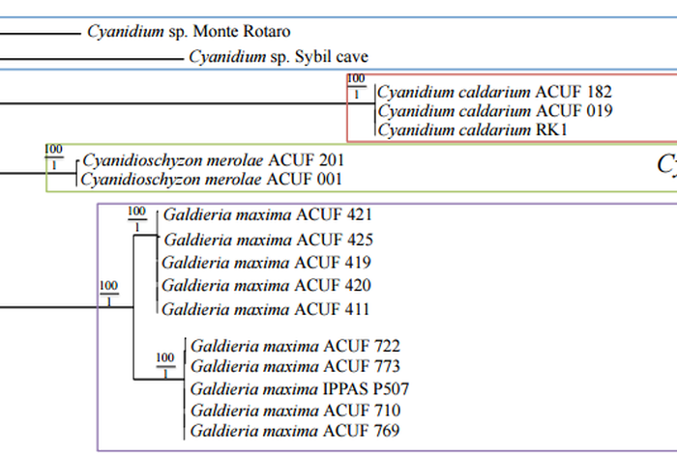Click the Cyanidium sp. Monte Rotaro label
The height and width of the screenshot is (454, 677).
tap(189, 33)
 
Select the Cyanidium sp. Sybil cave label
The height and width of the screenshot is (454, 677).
tap(279, 57)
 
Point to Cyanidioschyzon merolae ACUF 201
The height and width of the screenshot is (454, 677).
tap(213, 159)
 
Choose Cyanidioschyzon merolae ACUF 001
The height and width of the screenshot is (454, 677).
tap(213, 179)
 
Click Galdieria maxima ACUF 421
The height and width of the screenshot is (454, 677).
tap(268, 214)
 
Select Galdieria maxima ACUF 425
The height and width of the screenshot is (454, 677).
tap(268, 240)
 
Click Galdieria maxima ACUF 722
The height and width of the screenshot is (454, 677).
tap(295, 345)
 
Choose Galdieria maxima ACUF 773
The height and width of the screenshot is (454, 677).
tap(295, 366)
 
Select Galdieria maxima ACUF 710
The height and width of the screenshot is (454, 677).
tap(295, 411)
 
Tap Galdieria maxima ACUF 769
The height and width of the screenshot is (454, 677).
tap(295, 431)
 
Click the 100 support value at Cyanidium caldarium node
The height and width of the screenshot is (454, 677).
tap(356, 79)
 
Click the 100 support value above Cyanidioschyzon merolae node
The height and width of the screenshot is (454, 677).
tap(53, 149)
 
